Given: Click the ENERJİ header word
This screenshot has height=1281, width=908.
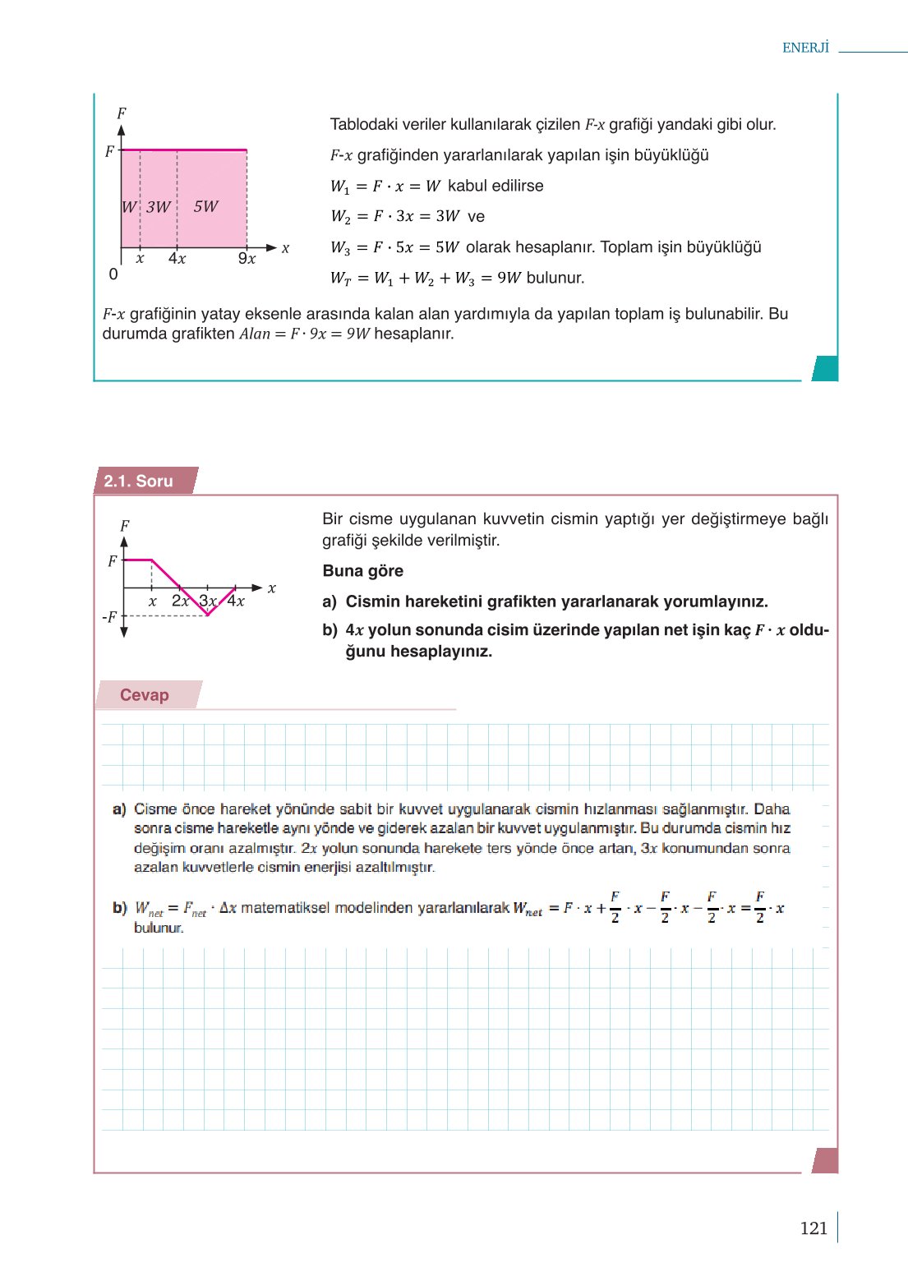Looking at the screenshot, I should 805,48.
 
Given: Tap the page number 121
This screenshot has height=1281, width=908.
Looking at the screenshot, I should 813,1228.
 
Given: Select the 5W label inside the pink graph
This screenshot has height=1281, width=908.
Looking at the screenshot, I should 205,206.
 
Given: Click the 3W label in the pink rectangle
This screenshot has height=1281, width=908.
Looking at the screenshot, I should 159,207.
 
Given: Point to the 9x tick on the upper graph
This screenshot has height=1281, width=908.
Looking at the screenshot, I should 247,259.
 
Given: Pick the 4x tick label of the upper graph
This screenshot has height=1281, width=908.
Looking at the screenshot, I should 177,259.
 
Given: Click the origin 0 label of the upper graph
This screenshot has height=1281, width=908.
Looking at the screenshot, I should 113,274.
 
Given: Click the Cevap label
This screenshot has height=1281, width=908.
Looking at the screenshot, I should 145,695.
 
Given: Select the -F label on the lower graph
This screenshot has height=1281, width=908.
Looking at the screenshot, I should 109,617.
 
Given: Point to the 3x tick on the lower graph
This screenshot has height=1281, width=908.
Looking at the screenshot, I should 208,601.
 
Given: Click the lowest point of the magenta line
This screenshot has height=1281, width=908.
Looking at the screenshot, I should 208,615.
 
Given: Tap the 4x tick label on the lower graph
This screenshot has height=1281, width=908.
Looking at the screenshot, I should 237,601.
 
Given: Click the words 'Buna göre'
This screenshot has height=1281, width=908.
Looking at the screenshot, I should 362,571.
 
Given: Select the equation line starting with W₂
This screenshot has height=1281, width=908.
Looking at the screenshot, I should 408,216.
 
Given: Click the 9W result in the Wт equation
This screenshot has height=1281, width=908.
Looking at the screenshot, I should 509,278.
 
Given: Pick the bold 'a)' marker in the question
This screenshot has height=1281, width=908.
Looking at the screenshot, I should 330,601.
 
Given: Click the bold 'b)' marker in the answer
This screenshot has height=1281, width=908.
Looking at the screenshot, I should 120,908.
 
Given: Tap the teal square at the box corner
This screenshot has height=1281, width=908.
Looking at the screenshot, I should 824,368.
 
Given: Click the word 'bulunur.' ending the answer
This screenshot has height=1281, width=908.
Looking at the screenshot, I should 159,928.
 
